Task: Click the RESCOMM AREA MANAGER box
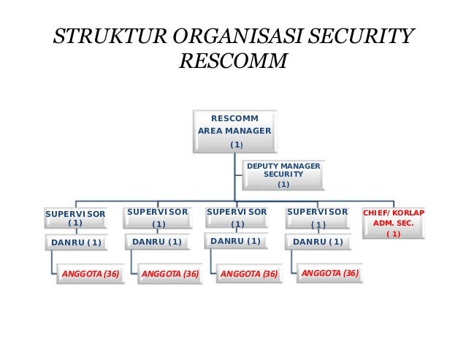click(x=235, y=131)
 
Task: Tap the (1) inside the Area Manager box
click(x=236, y=145)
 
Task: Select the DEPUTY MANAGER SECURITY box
click(x=283, y=176)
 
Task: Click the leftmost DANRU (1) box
click(x=76, y=242)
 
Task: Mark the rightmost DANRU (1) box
click(x=318, y=242)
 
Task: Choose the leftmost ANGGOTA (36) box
click(x=91, y=275)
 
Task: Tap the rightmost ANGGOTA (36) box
click(x=330, y=274)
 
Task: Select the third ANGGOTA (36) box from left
click(x=250, y=275)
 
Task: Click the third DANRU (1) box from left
click(x=235, y=241)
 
